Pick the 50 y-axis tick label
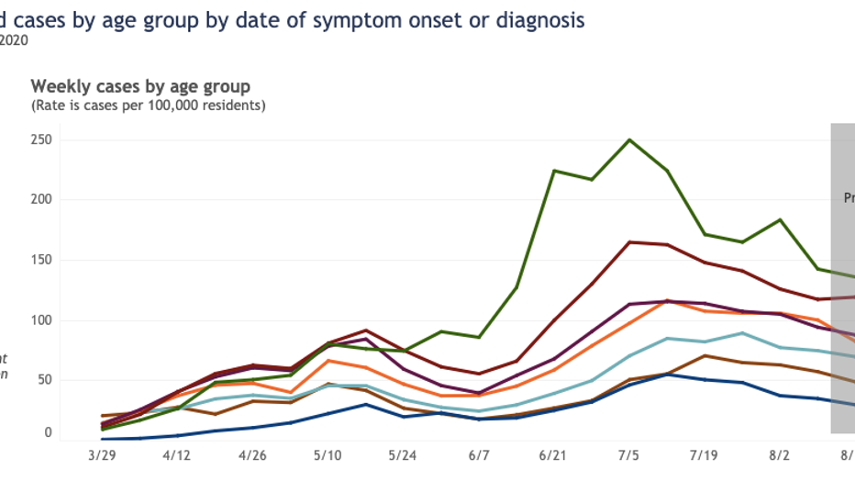(x=42, y=380)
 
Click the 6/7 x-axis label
(x=478, y=454)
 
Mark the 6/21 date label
(x=553, y=454)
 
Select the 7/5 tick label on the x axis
(x=629, y=454)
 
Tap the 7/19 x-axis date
(x=705, y=454)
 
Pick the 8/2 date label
(x=780, y=454)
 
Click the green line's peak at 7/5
(x=629, y=140)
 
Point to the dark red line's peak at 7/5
(x=629, y=242)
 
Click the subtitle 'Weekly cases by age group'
(x=140, y=86)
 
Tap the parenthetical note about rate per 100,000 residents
(x=149, y=106)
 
